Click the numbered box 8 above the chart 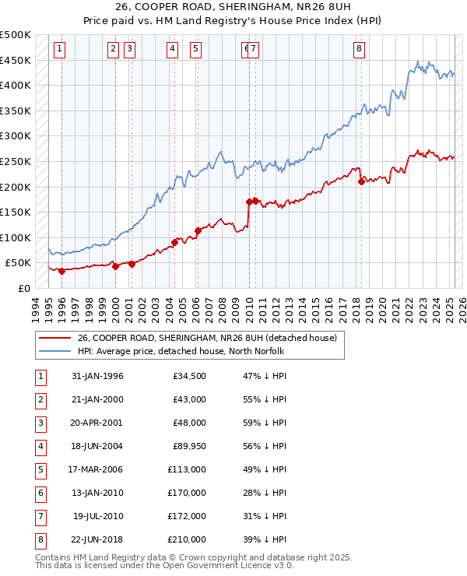pos(359,49)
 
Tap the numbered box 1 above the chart pos(60,49)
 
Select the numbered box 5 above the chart pos(195,49)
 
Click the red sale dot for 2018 pos(361,182)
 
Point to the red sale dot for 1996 pos(61,271)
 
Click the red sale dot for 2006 pos(198,231)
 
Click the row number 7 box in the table pos(39,516)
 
